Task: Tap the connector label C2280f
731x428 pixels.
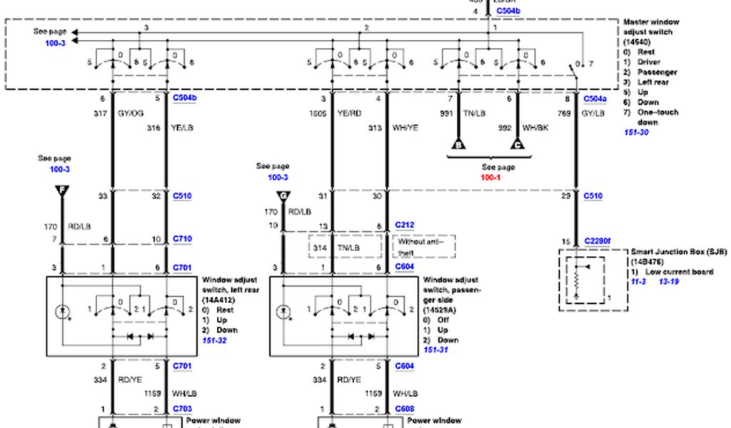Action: (x=597, y=241)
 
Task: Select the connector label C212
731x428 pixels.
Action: (x=405, y=225)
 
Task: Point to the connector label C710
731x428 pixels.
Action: (x=182, y=239)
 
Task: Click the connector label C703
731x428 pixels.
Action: (x=182, y=409)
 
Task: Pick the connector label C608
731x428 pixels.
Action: (x=405, y=409)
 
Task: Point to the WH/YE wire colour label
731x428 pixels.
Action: (x=405, y=128)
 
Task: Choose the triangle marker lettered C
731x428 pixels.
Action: (x=518, y=145)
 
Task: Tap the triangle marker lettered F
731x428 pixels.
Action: (x=62, y=191)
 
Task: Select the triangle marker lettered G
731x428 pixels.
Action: (x=285, y=195)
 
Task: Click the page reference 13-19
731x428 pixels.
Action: (x=669, y=282)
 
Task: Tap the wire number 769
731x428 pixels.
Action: (x=563, y=113)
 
